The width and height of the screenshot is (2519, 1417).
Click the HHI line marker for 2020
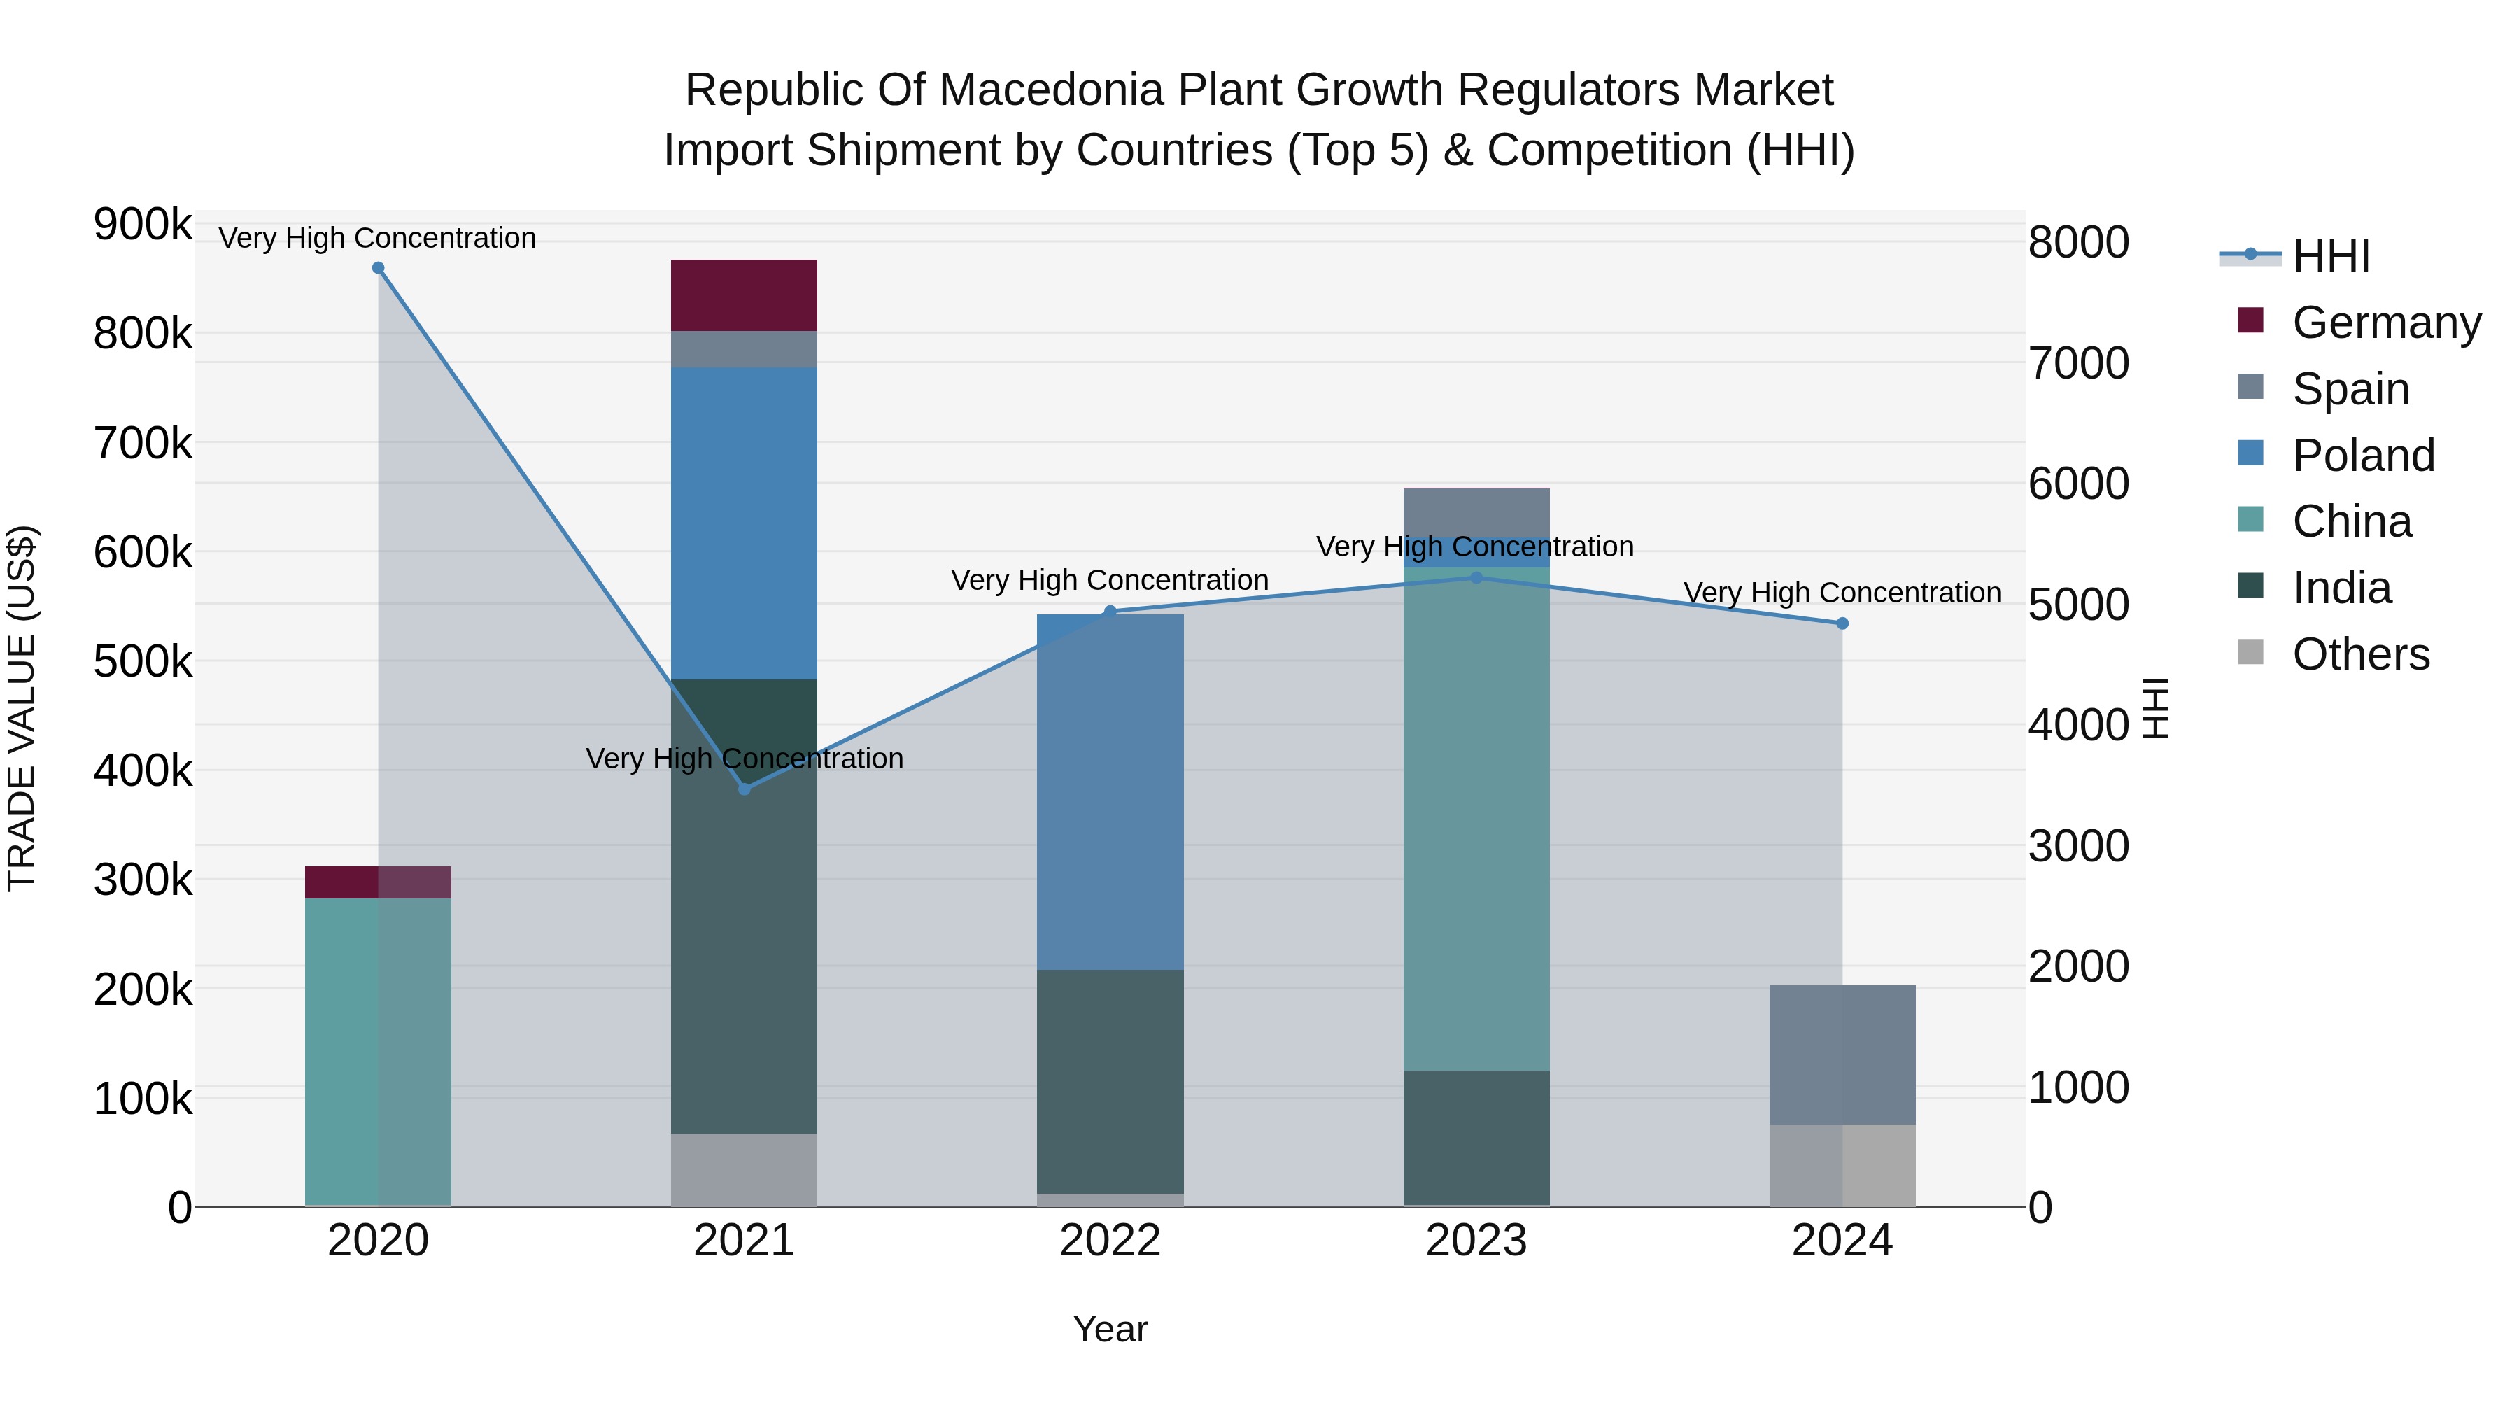[x=379, y=268]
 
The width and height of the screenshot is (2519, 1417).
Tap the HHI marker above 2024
[x=1842, y=623]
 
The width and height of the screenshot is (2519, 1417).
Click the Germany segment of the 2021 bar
[x=745, y=295]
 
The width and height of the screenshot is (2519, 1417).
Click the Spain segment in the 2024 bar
[x=1842, y=1055]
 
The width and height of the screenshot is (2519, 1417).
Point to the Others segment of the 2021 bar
[x=745, y=1169]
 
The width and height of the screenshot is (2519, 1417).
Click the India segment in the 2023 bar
[x=1476, y=1137]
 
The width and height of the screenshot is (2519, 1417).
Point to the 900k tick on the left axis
[x=142, y=225]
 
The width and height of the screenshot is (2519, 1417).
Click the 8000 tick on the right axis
[x=2078, y=243]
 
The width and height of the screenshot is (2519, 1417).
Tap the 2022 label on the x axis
[x=1110, y=1241]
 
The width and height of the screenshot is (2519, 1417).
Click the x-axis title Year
[x=1110, y=1329]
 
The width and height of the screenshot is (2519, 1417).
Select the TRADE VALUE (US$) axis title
[x=22, y=708]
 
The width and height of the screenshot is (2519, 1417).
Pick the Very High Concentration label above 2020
[x=377, y=238]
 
